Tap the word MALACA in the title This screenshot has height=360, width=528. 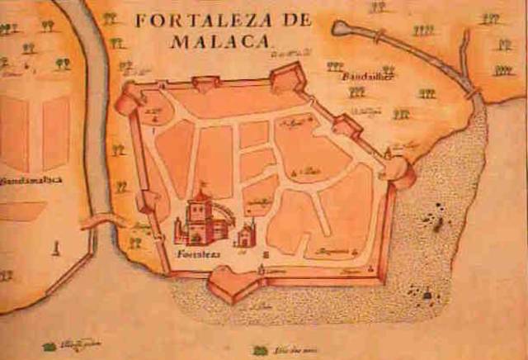tap(223, 39)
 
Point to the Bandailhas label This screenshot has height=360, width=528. tap(366, 76)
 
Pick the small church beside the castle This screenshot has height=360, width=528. tap(245, 237)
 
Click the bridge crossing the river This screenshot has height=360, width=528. tap(100, 221)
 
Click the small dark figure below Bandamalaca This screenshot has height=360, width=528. tap(55, 246)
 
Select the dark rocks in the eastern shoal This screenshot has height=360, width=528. tap(431, 219)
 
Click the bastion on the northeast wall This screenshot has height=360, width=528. tap(346, 125)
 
